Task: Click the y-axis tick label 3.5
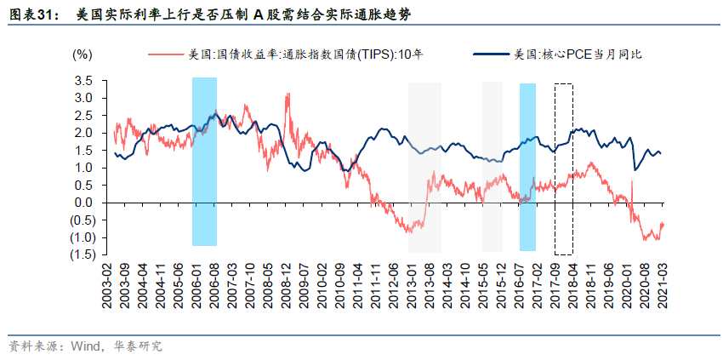(83, 80)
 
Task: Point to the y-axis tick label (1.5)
(82, 254)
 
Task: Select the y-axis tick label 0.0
(83, 203)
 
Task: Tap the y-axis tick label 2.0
(83, 133)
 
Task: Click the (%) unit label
(82, 55)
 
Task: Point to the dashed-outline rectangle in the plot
(563, 169)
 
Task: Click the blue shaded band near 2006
(204, 162)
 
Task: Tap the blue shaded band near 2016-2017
(527, 167)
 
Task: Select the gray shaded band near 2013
(424, 167)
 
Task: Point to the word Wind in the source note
(83, 346)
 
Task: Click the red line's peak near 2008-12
(288, 94)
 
